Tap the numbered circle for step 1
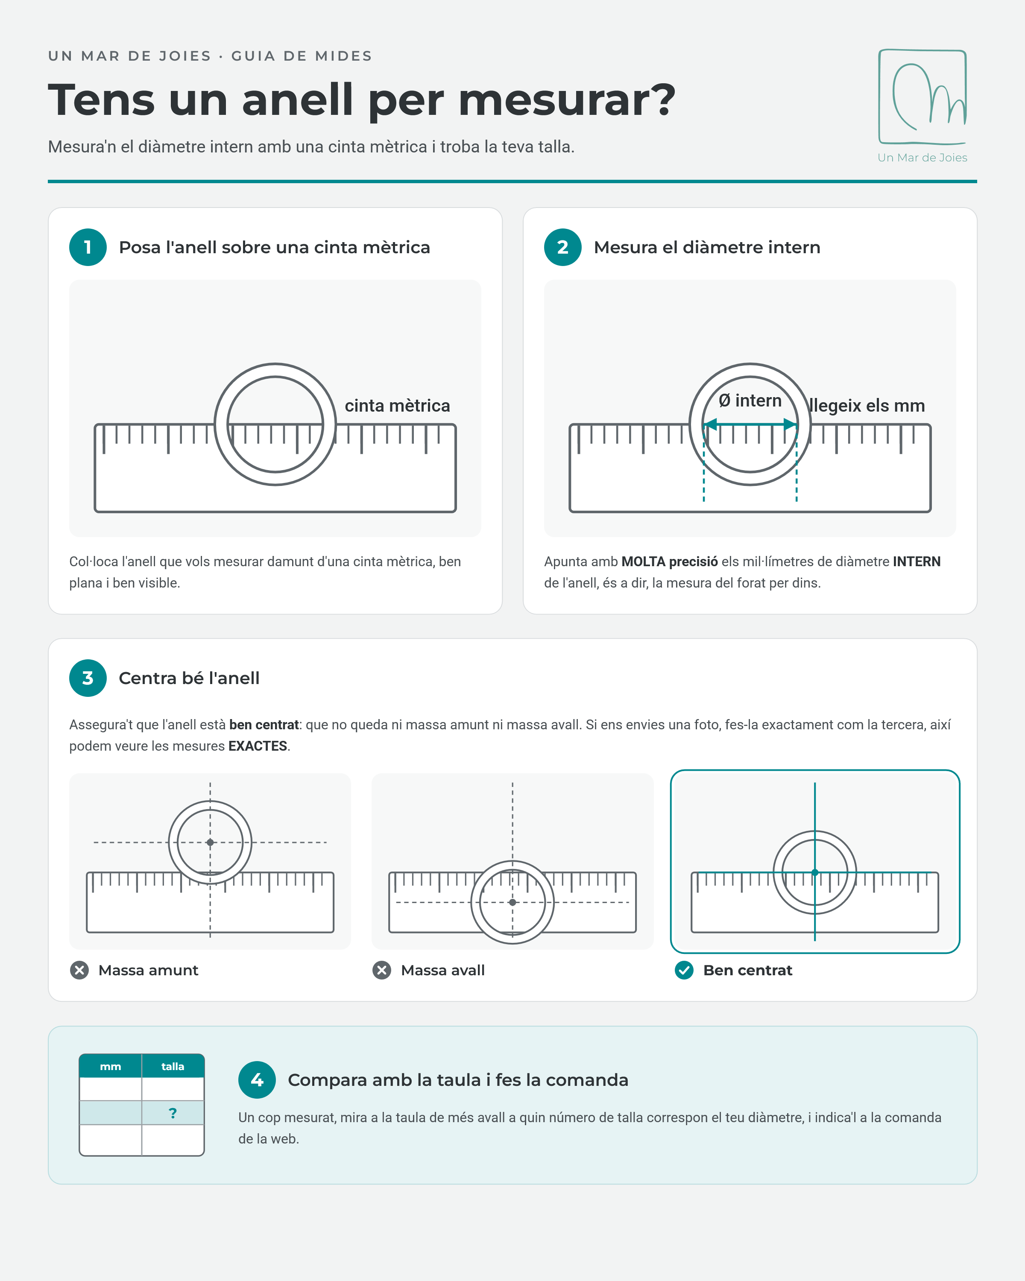(x=88, y=247)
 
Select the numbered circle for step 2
(x=563, y=247)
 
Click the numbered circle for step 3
(x=88, y=678)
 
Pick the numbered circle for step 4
(x=257, y=1079)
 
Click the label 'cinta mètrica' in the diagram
(x=398, y=405)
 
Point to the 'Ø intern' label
(x=750, y=401)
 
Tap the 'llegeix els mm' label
(x=867, y=405)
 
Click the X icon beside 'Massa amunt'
(x=79, y=970)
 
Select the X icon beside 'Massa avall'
(x=381, y=970)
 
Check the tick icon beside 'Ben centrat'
(x=684, y=970)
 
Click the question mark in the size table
(x=173, y=1113)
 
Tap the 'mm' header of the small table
(x=111, y=1067)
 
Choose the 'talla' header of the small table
(x=173, y=1067)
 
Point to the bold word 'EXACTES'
(x=258, y=746)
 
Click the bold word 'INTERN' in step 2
(x=917, y=562)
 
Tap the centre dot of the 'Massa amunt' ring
(x=211, y=842)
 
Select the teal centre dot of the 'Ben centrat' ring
(x=814, y=873)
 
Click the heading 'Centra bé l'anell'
(x=189, y=678)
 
